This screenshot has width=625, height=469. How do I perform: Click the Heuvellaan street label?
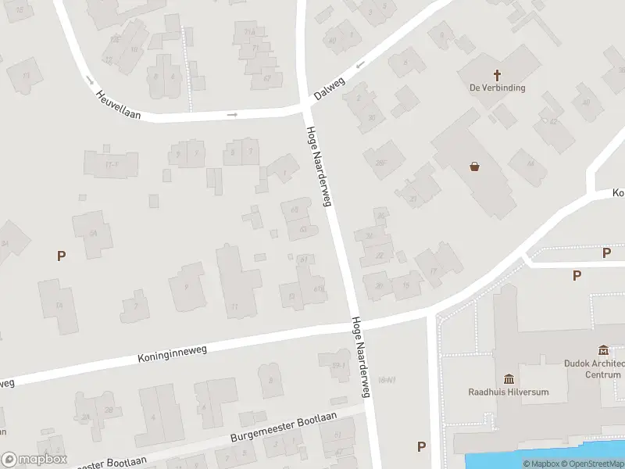click(x=118, y=105)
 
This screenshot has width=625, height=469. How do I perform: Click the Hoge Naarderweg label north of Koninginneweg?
click(x=320, y=166)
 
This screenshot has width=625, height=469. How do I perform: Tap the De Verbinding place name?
click(x=497, y=88)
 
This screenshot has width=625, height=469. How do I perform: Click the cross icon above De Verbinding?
click(x=497, y=74)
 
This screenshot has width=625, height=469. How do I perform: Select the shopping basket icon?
click(x=474, y=166)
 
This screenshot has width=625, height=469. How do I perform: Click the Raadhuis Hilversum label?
click(x=508, y=392)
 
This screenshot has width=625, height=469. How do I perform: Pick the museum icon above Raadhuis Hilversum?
click(x=509, y=378)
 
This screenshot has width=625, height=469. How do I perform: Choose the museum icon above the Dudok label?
click(x=603, y=349)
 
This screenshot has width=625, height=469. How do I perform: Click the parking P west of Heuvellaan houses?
click(x=61, y=255)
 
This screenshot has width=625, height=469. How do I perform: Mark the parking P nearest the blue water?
click(x=422, y=447)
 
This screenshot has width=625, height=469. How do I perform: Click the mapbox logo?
click(x=34, y=460)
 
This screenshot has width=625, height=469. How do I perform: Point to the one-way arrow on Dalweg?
click(x=360, y=65)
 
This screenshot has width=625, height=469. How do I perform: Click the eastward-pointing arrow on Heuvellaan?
click(x=232, y=115)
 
